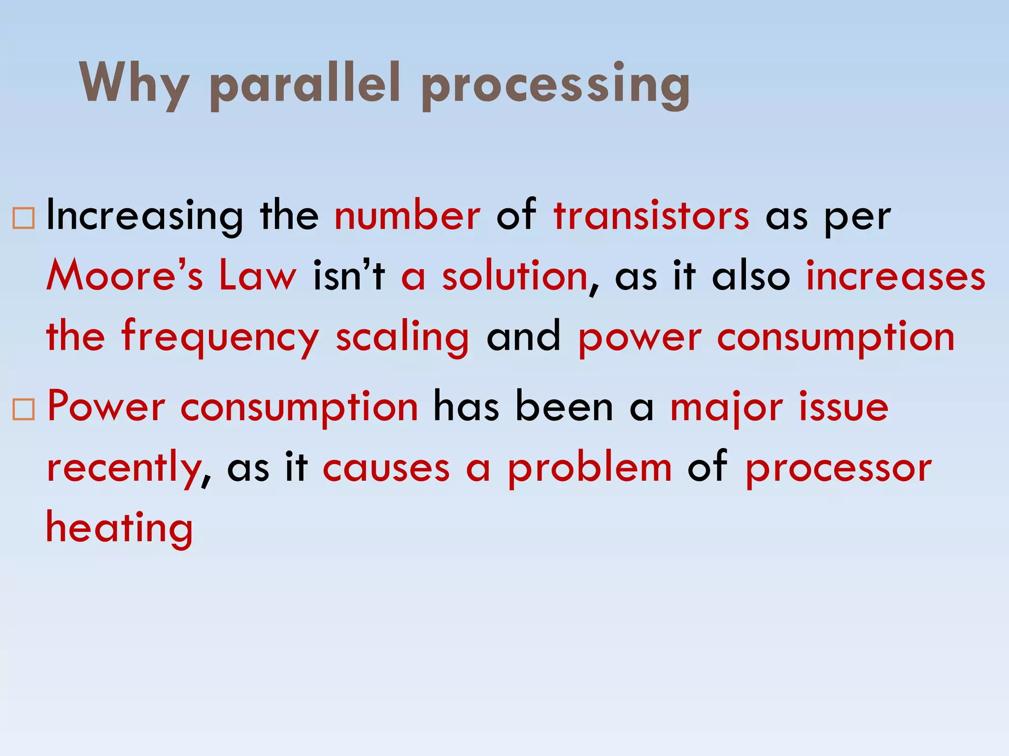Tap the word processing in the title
556,85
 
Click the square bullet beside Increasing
24,218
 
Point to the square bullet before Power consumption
24,409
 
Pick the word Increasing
144,217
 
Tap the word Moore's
125,276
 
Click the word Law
258,276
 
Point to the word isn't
349,276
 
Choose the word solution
515,276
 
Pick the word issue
844,408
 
